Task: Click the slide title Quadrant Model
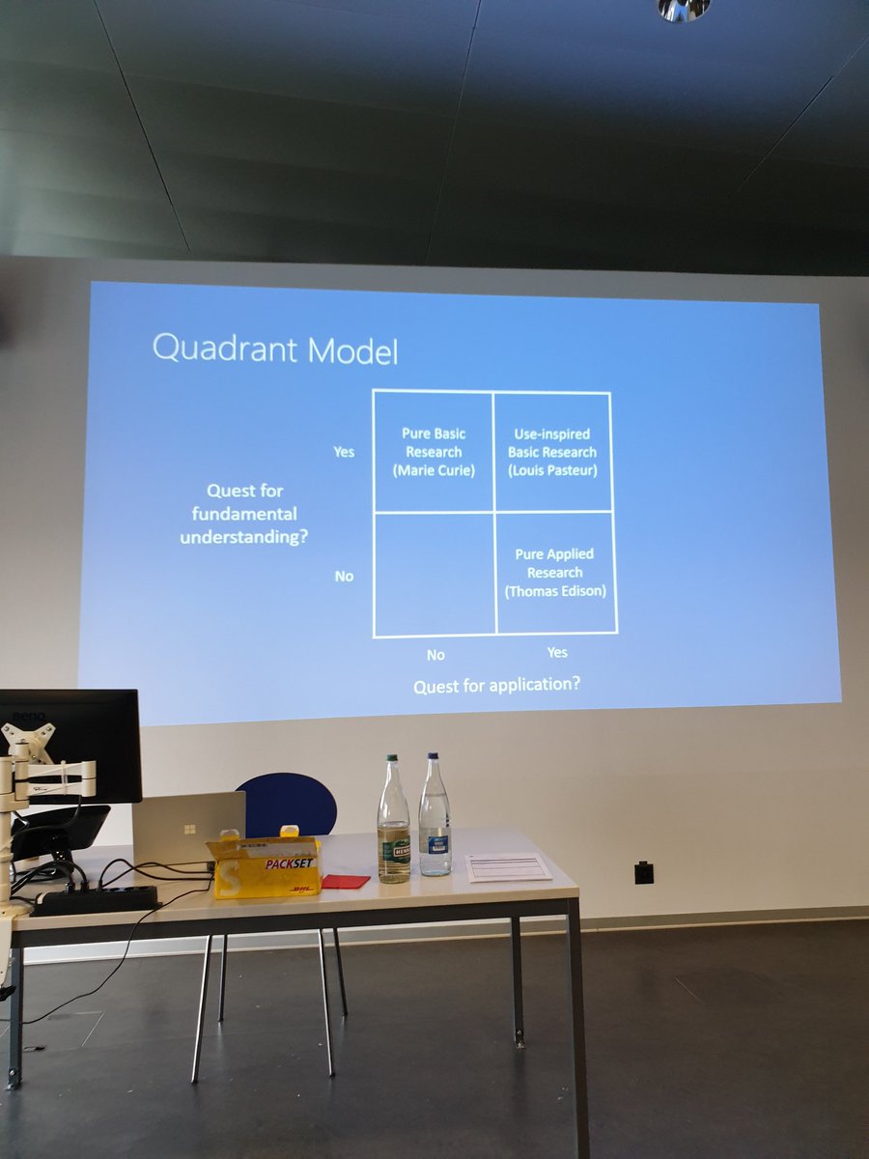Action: [275, 350]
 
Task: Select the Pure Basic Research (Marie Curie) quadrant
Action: [434, 451]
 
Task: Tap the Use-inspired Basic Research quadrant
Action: [552, 451]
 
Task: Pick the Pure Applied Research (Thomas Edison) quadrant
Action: [555, 573]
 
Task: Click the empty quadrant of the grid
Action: [434, 574]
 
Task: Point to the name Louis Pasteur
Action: [552, 470]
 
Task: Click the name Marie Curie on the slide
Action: [434, 470]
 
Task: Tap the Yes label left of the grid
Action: [344, 451]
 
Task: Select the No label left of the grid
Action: [344, 576]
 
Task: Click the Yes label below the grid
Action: [557, 652]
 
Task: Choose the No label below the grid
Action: [435, 655]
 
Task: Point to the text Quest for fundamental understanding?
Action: [244, 513]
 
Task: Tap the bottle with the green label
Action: [393, 826]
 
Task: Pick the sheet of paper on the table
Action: [508, 867]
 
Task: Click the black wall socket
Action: [644, 872]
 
